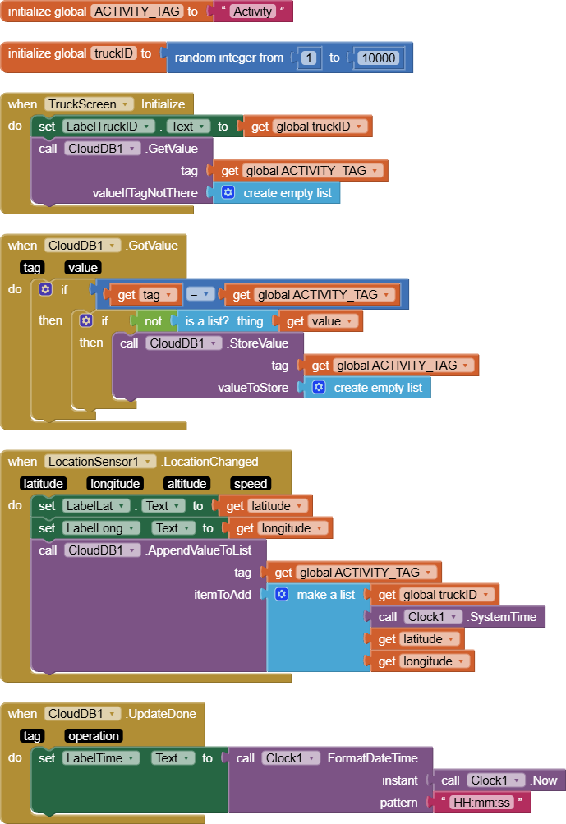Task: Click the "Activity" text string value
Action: tap(252, 12)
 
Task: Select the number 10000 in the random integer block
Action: tap(379, 58)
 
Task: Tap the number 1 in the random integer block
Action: tap(309, 58)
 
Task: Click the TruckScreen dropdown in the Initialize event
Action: tap(89, 104)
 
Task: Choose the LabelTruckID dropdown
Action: tap(108, 127)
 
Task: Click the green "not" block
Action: tap(154, 321)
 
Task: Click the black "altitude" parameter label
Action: tap(186, 484)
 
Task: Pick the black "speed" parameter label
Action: tap(250, 484)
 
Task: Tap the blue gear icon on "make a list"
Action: tap(281, 594)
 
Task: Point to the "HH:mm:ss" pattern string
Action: tap(484, 803)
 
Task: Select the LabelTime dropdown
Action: tap(102, 758)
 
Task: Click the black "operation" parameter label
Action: tap(94, 736)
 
